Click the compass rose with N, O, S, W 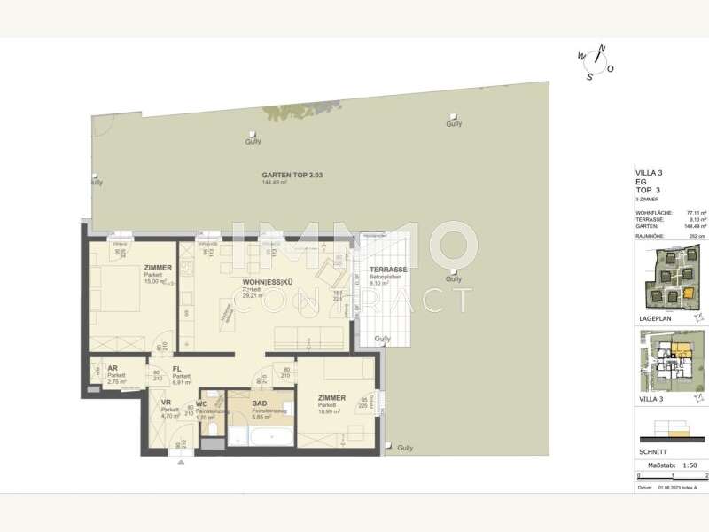[x=596, y=61]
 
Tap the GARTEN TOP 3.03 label [x=292, y=176]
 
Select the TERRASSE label [x=388, y=270]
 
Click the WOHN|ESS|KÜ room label [x=266, y=283]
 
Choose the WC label [x=201, y=404]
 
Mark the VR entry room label [x=166, y=403]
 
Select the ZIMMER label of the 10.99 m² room [x=332, y=398]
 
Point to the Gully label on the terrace [x=383, y=339]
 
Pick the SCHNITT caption [x=652, y=451]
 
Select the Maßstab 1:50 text [x=670, y=464]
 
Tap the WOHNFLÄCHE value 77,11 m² [x=697, y=213]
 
